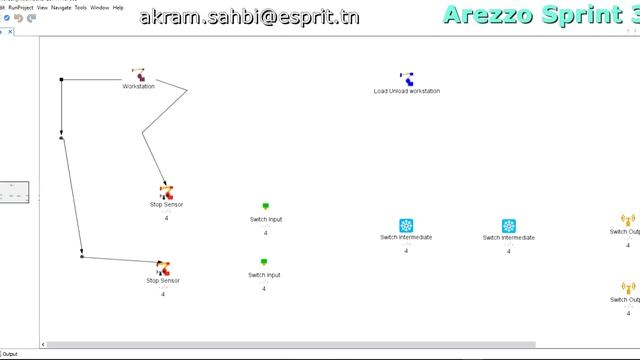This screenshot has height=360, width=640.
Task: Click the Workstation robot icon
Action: click(x=138, y=75)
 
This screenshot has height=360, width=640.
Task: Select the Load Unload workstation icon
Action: click(x=407, y=79)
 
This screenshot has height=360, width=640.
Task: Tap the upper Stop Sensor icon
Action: click(x=166, y=192)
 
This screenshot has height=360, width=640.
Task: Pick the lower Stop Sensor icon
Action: click(x=163, y=268)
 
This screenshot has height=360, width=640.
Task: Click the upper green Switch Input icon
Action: click(x=266, y=207)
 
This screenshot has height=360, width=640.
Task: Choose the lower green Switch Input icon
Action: click(x=264, y=263)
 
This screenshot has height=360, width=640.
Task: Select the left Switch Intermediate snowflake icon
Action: click(x=406, y=226)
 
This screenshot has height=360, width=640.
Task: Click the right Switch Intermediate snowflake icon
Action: click(x=509, y=226)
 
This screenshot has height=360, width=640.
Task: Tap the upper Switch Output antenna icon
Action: click(x=627, y=220)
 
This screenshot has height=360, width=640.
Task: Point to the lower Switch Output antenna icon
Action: click(x=627, y=288)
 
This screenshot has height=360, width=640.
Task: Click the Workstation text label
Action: click(x=139, y=87)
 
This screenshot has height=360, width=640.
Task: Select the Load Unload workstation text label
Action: click(x=407, y=91)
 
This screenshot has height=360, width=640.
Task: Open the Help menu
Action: click(x=119, y=7)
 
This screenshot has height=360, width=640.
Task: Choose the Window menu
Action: click(x=100, y=7)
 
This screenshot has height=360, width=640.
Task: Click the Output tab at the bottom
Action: click(x=9, y=354)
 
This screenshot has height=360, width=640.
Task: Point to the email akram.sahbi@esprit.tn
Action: click(x=249, y=18)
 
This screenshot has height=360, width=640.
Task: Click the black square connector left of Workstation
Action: click(x=62, y=79)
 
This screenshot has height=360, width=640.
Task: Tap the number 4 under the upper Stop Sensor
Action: click(x=166, y=218)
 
